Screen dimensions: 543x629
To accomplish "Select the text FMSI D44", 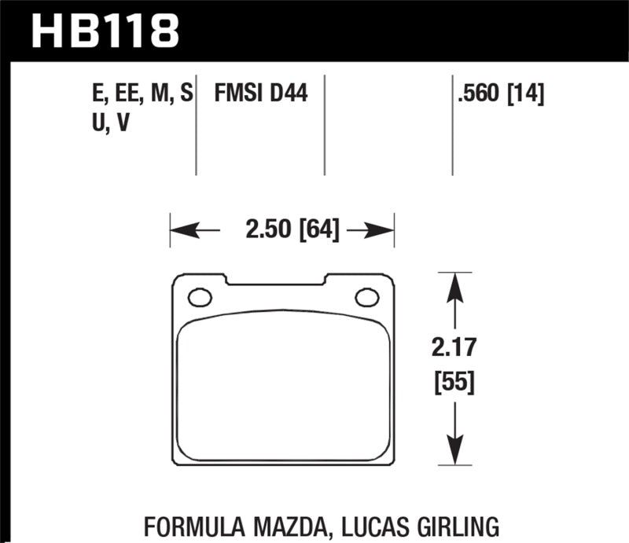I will (260, 95).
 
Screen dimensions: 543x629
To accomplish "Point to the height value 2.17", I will (453, 347).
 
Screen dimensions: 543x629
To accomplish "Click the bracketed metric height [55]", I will (453, 383).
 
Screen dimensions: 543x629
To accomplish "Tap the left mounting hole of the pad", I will (200, 297).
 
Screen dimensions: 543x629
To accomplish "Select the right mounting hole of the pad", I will (366, 297).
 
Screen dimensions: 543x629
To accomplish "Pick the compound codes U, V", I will (111, 123).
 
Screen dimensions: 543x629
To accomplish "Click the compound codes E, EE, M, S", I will (142, 95).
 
